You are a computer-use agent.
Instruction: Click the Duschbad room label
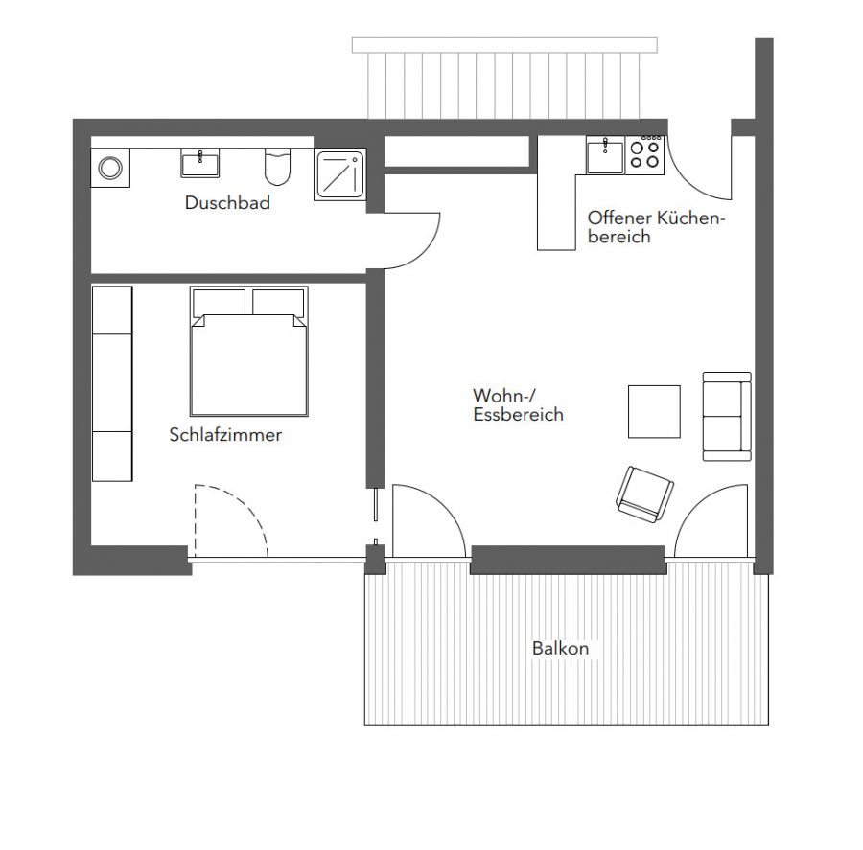coord(227,202)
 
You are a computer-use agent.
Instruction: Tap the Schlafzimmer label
coord(225,435)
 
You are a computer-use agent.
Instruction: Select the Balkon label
coord(560,648)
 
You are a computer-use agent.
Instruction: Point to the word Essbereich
coord(518,414)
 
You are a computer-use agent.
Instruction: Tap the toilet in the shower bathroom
coord(277,167)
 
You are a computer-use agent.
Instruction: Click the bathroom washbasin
coord(199,163)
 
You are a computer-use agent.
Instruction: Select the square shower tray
coord(339,175)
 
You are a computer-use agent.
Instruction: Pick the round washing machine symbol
coord(110,168)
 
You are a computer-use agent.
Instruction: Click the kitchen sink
coord(605,155)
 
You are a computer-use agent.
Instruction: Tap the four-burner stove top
coord(645,155)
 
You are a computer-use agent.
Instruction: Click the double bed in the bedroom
coord(248,351)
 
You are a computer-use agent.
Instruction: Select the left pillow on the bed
coord(219,303)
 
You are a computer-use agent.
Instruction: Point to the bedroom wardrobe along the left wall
coord(112,383)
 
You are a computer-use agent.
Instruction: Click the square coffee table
coord(654,411)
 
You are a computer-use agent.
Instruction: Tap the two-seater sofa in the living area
coord(727,416)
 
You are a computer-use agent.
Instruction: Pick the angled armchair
coord(644,494)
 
